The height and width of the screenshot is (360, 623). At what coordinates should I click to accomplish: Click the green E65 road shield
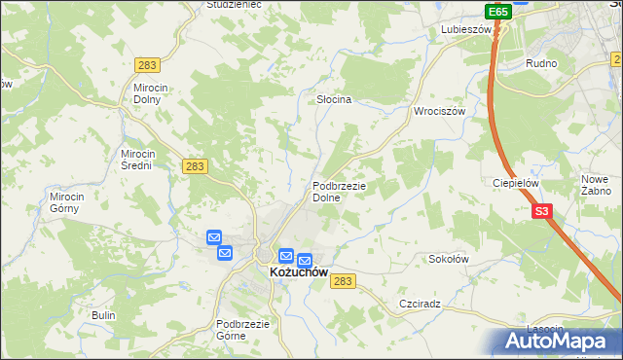497,12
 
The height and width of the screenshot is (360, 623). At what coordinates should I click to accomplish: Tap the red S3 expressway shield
542,210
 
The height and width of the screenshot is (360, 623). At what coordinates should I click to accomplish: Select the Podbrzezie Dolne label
339,191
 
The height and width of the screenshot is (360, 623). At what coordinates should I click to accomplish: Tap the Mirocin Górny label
68,201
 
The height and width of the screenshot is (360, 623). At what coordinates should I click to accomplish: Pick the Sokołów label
449,260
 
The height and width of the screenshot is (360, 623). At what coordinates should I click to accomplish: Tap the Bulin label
103,315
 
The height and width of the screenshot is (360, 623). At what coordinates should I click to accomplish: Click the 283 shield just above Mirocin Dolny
148,65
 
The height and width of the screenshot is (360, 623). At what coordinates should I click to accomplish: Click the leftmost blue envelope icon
214,237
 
